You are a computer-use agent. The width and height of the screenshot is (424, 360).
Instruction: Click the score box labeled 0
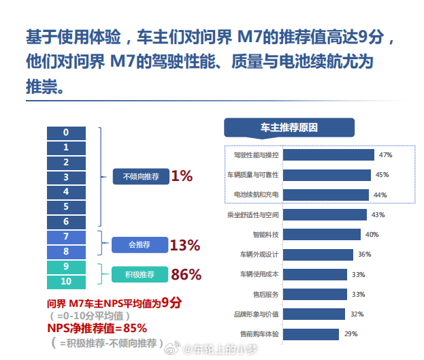click(x=66, y=132)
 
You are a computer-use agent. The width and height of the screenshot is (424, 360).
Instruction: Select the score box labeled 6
click(x=66, y=221)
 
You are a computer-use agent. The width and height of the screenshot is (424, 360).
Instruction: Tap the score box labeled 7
click(x=66, y=237)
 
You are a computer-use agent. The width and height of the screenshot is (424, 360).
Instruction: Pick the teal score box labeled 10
click(x=66, y=281)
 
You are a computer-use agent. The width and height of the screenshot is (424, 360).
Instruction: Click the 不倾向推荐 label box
click(x=140, y=177)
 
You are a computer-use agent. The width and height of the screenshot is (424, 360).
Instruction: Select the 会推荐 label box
click(x=140, y=244)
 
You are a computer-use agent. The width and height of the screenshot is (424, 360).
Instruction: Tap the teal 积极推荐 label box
click(x=140, y=274)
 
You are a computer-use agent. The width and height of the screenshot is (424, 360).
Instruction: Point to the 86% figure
click(x=186, y=274)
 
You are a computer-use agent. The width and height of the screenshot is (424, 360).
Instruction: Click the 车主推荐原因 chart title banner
click(x=289, y=127)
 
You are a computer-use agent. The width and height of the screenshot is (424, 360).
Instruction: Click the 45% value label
click(x=382, y=175)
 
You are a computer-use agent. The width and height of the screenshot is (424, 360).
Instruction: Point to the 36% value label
click(x=365, y=255)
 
